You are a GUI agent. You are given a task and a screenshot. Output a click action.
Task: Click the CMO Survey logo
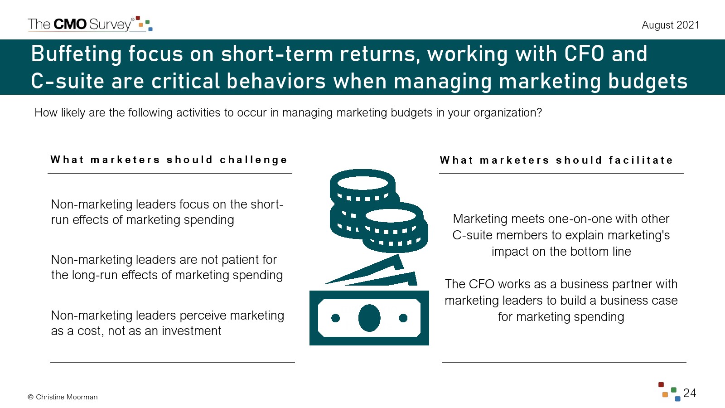click(90, 24)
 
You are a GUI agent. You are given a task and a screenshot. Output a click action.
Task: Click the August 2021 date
click(670, 25)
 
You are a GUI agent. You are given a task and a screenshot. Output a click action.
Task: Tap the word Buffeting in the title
click(76, 54)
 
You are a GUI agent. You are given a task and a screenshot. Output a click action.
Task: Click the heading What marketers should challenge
click(169, 160)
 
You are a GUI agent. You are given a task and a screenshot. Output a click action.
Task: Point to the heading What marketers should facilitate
click(556, 160)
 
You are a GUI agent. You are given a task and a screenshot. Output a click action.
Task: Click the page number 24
click(689, 393)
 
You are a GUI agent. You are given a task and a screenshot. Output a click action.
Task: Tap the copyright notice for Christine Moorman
click(63, 397)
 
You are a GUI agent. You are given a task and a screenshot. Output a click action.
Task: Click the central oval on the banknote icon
click(369, 318)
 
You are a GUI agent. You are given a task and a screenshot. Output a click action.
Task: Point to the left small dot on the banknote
click(336, 318)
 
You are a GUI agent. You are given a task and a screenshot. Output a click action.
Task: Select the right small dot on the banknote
click(403, 318)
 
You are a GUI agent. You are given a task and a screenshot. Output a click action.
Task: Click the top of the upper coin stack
click(362, 182)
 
